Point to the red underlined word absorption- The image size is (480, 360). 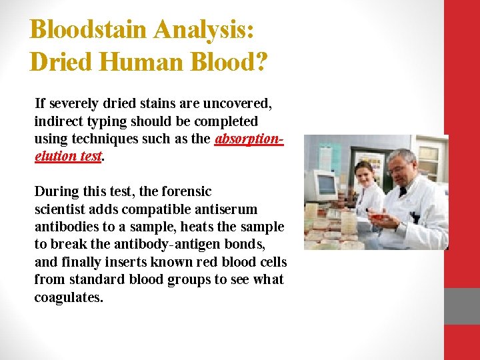click(249, 139)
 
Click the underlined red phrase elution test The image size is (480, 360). click(68, 156)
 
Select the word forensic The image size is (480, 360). click(185, 191)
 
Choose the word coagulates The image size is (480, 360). click(69, 297)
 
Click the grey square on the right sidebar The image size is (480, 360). click(462, 306)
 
